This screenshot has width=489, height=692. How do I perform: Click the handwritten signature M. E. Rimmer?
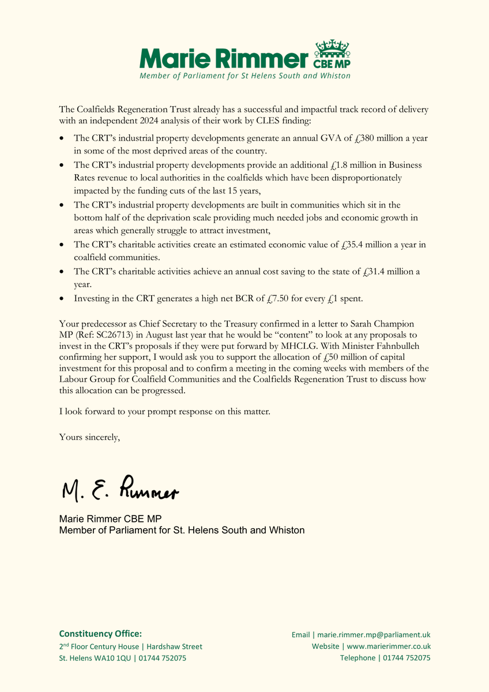pos(120,490)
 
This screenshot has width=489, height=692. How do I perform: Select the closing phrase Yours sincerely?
pos(89,437)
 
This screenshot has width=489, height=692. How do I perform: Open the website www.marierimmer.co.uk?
pos(389,646)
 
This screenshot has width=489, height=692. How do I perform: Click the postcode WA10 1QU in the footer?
pos(109,658)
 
